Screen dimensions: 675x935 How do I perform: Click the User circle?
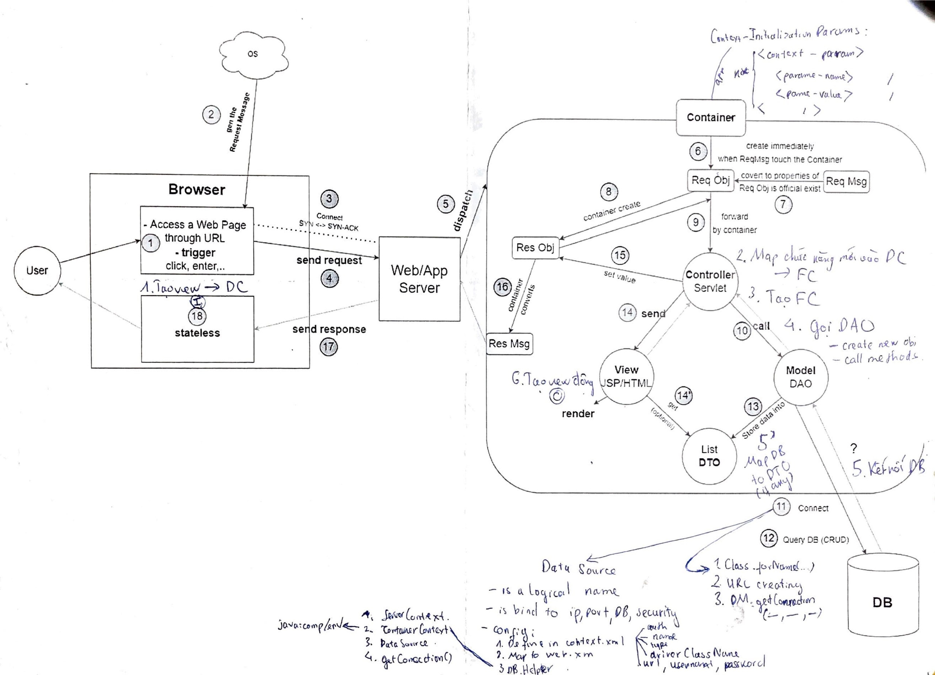37,271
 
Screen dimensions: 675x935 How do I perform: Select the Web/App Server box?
419,279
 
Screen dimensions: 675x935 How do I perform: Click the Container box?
711,118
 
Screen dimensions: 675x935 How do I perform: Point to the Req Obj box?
710,180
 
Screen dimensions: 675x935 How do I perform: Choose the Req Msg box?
846,181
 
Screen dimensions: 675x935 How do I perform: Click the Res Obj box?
535,248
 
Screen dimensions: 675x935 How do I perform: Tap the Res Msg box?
509,344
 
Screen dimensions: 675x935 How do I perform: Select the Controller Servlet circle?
710,281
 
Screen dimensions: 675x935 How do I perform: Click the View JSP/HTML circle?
626,376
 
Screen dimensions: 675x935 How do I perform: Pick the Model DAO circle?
800,377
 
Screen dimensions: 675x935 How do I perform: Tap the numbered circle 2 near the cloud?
211,114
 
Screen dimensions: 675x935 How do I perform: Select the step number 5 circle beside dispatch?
446,204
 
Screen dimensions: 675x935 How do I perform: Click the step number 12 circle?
769,538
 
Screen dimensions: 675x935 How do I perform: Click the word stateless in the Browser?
197,333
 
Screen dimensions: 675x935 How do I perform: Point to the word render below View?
578,414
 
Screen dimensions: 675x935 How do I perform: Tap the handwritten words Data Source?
579,569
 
